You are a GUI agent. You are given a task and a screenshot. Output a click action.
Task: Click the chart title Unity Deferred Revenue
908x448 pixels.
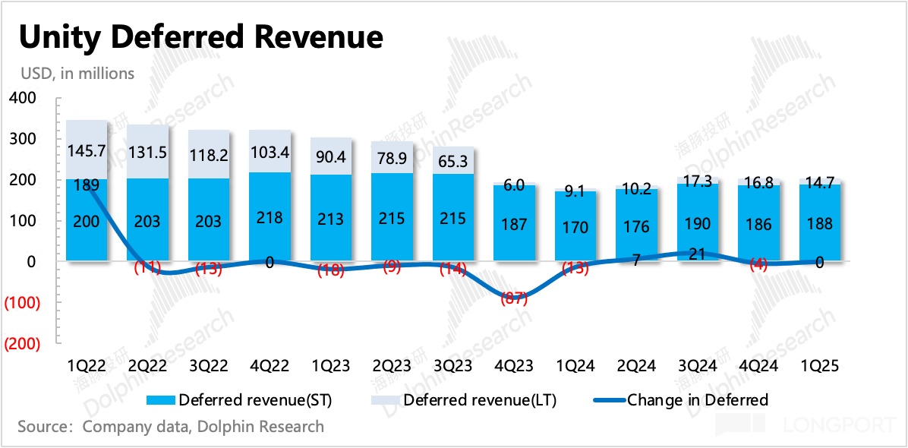point(200,37)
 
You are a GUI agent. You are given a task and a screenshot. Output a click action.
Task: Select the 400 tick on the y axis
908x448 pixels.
point(21,99)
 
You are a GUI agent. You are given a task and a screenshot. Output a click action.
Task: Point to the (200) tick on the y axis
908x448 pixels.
point(21,343)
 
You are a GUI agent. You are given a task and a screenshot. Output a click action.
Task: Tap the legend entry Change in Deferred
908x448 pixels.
point(686,400)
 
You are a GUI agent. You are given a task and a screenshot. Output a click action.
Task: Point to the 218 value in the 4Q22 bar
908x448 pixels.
point(270,217)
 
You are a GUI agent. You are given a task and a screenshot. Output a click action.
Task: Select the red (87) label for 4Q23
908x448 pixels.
point(515,298)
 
